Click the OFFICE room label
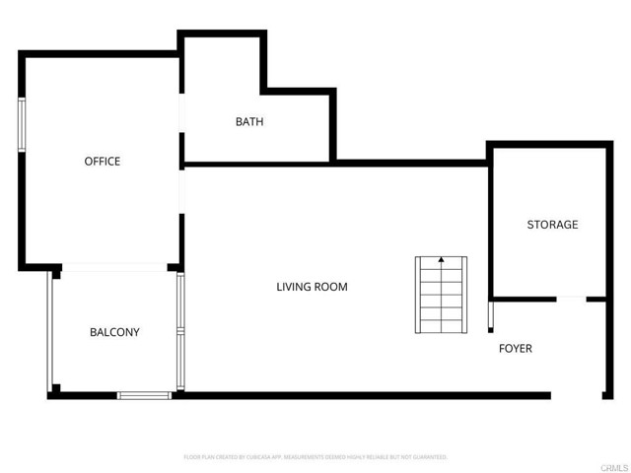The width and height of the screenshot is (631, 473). click(102, 161)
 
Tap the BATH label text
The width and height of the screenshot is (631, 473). click(248, 122)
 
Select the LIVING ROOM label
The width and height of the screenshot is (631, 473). click(312, 287)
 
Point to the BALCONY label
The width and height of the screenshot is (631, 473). click(114, 332)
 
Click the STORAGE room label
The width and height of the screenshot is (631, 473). click(552, 225)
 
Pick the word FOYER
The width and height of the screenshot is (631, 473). click(515, 348)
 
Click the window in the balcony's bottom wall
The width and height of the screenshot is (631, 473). click(145, 395)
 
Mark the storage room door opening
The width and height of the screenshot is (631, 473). click(571, 298)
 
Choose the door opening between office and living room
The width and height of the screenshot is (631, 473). click(180, 191)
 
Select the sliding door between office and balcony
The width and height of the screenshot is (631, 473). click(115, 266)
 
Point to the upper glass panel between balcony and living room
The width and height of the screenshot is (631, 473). click(180, 301)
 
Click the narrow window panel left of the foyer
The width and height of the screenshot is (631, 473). click(490, 317)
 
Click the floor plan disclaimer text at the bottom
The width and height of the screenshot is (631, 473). click(315, 457)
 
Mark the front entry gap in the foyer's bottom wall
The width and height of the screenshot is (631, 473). click(577, 396)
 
